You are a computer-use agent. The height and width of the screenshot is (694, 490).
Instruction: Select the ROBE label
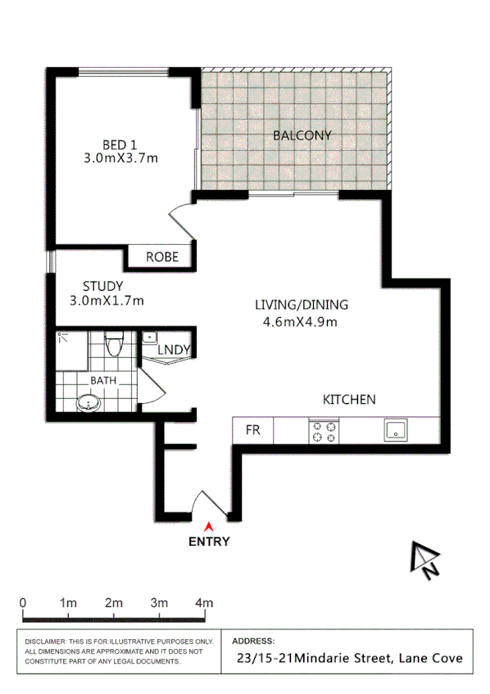(162, 257)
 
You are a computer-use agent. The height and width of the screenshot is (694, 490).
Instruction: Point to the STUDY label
(103, 286)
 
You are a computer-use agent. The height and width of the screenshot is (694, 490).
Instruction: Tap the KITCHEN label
(349, 400)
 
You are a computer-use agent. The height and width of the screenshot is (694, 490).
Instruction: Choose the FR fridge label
(253, 430)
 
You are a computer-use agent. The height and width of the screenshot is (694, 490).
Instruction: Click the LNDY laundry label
(175, 350)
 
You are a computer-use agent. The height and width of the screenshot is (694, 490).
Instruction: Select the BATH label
(103, 380)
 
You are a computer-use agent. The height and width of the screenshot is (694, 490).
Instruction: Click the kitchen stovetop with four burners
(323, 431)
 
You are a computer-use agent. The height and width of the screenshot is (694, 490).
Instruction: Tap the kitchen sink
(396, 430)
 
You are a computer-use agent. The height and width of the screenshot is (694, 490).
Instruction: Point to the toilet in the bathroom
(114, 343)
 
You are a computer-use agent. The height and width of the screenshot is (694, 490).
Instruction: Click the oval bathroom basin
(88, 402)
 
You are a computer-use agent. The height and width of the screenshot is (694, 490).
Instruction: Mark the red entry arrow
(209, 527)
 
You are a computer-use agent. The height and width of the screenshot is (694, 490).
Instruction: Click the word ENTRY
(209, 541)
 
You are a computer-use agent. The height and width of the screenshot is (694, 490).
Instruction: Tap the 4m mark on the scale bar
(204, 603)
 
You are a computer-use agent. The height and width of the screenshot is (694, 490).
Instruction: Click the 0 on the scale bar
(23, 603)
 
